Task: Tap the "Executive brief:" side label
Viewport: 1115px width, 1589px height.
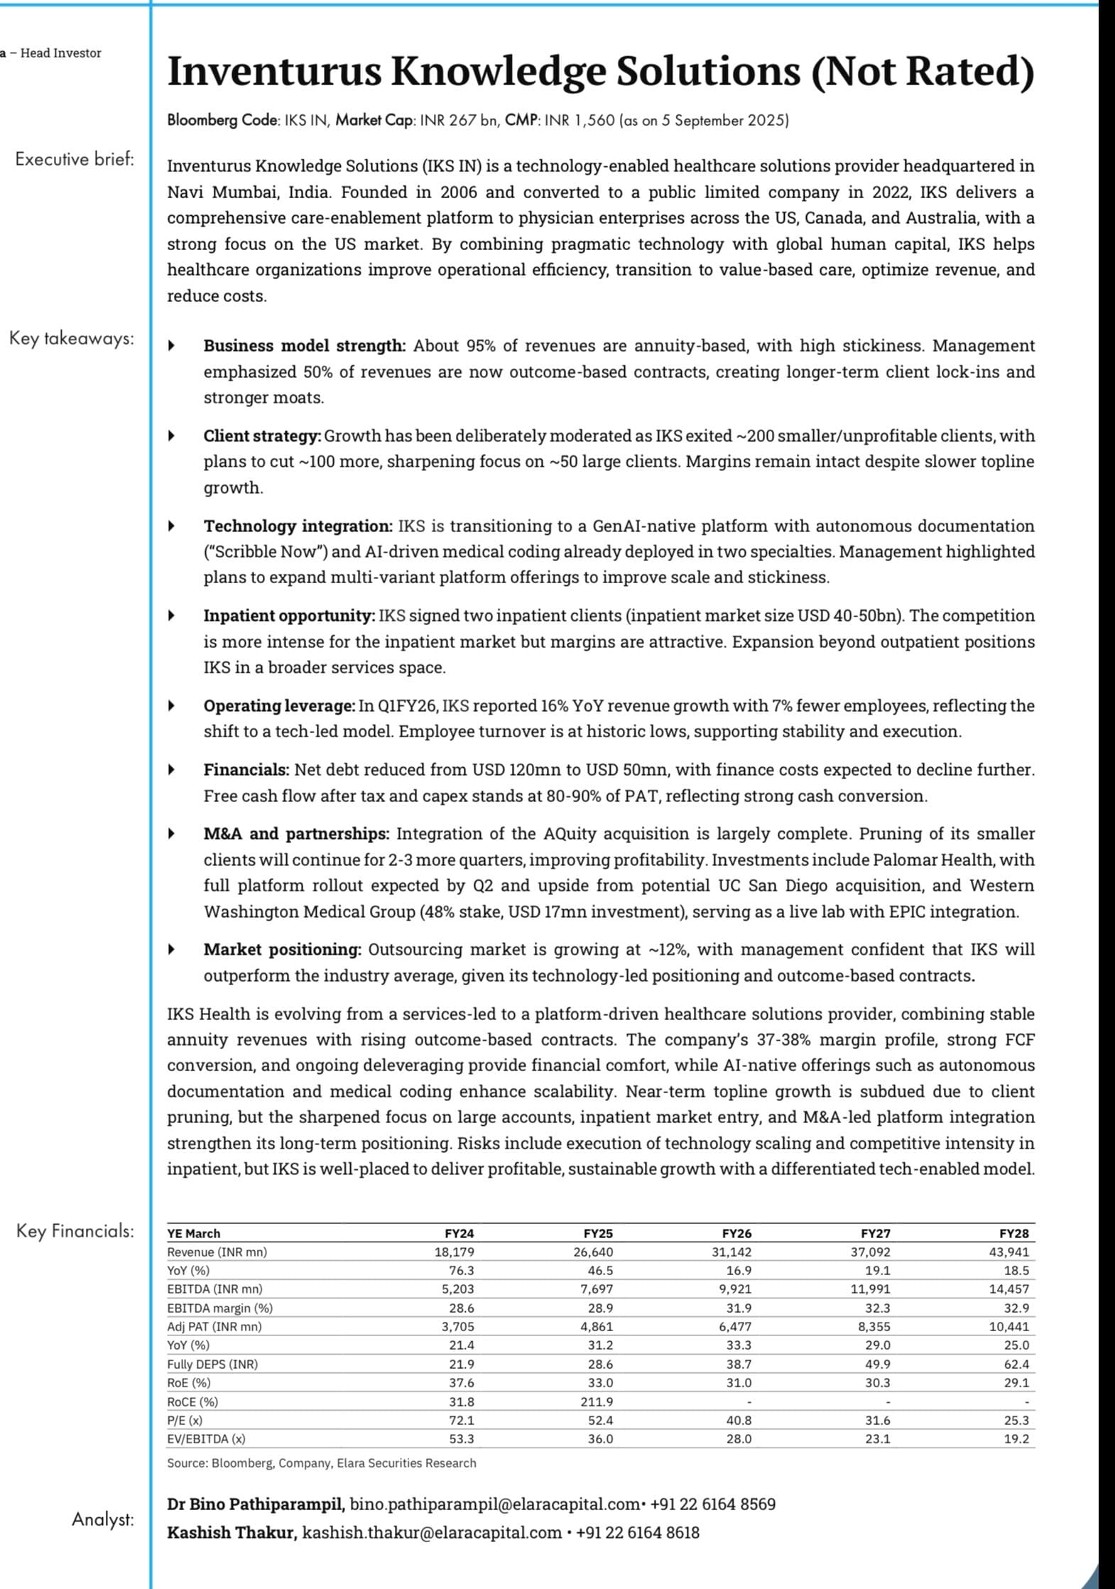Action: pos(75,159)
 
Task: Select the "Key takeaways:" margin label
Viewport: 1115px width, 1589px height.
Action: pos(71,338)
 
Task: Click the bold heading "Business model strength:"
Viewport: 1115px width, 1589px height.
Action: pos(304,346)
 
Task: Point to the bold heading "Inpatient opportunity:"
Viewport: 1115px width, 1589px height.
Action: pos(289,616)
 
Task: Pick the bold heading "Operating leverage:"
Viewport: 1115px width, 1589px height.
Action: pos(279,706)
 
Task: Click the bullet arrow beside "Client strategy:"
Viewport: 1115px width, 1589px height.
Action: pos(171,436)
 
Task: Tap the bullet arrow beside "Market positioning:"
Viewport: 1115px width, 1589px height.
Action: pos(171,950)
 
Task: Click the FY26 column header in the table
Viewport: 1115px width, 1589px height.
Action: pos(736,1234)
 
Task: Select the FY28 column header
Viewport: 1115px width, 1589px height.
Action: pos(1013,1234)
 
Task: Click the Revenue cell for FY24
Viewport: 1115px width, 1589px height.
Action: pos(455,1252)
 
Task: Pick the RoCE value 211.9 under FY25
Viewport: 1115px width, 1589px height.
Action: pos(597,1401)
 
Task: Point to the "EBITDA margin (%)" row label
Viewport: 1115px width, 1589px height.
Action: pos(219,1308)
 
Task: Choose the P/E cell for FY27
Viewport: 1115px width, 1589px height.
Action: pos(876,1420)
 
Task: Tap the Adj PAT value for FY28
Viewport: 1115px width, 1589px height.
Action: pos(1008,1326)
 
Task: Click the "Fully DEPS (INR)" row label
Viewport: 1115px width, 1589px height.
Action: pos(212,1364)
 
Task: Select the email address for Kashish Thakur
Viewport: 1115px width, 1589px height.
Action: pos(432,1532)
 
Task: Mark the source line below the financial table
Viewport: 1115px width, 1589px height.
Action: pos(321,1463)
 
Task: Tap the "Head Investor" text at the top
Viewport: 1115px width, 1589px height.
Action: pos(60,53)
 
